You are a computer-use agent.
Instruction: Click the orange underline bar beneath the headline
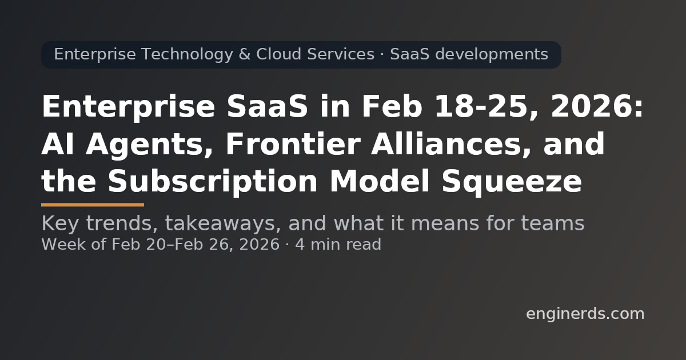tap(93, 204)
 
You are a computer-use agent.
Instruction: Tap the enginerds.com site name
tap(585, 314)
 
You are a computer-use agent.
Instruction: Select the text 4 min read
tap(338, 245)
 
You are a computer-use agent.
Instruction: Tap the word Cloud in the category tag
tap(280, 54)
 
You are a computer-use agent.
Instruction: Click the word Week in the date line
tap(59, 245)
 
